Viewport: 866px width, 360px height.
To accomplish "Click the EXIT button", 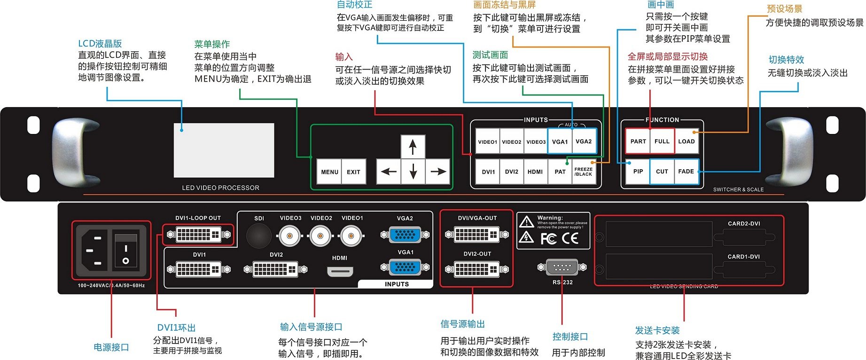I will [x=353, y=172].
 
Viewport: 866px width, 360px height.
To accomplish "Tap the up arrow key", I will [x=413, y=147].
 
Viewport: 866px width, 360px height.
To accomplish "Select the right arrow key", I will [x=438, y=172].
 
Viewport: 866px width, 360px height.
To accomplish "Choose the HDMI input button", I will [x=535, y=172].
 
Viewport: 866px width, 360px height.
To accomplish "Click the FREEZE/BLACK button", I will [x=583, y=172].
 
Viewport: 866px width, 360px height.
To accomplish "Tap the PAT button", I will [x=560, y=172].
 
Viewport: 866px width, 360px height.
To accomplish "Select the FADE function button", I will [x=686, y=172].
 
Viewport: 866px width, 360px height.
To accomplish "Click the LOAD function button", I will [x=686, y=141].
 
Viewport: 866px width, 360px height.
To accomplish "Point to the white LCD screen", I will [x=224, y=150].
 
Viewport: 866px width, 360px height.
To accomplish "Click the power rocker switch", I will [x=125, y=254].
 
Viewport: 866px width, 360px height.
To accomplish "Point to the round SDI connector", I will [x=259, y=235].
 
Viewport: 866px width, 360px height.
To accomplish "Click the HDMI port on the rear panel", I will [x=340, y=272].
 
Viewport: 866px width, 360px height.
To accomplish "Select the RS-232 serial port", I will [x=562, y=267].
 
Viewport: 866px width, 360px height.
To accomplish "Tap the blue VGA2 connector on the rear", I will [x=405, y=234].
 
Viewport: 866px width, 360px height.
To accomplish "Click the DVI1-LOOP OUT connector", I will [x=198, y=234].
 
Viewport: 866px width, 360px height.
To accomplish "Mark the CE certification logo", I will [x=570, y=239].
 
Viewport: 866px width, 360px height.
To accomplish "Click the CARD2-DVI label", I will [x=744, y=224].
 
